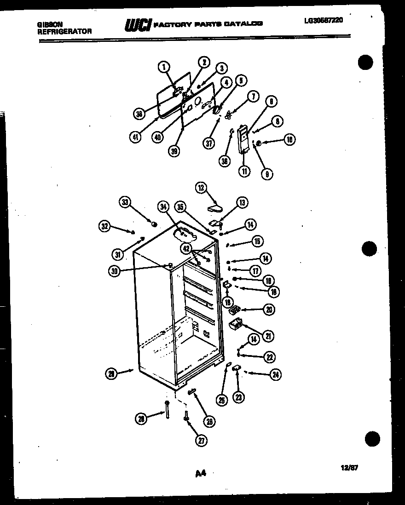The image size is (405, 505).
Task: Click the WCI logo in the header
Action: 138,26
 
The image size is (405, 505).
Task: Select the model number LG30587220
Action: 324,20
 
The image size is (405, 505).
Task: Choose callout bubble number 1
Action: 163,68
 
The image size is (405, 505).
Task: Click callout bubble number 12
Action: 201,188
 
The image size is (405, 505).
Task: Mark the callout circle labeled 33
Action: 125,202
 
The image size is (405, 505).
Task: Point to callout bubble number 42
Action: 186,249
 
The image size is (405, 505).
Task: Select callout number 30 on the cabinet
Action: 114,271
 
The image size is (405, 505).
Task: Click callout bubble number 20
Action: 268,310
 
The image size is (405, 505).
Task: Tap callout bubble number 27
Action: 201,440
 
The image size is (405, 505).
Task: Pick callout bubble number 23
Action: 238,397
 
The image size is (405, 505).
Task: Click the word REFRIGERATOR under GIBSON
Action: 64,31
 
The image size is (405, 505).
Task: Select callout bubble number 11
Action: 244,171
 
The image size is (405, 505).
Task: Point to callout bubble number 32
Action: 105,226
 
